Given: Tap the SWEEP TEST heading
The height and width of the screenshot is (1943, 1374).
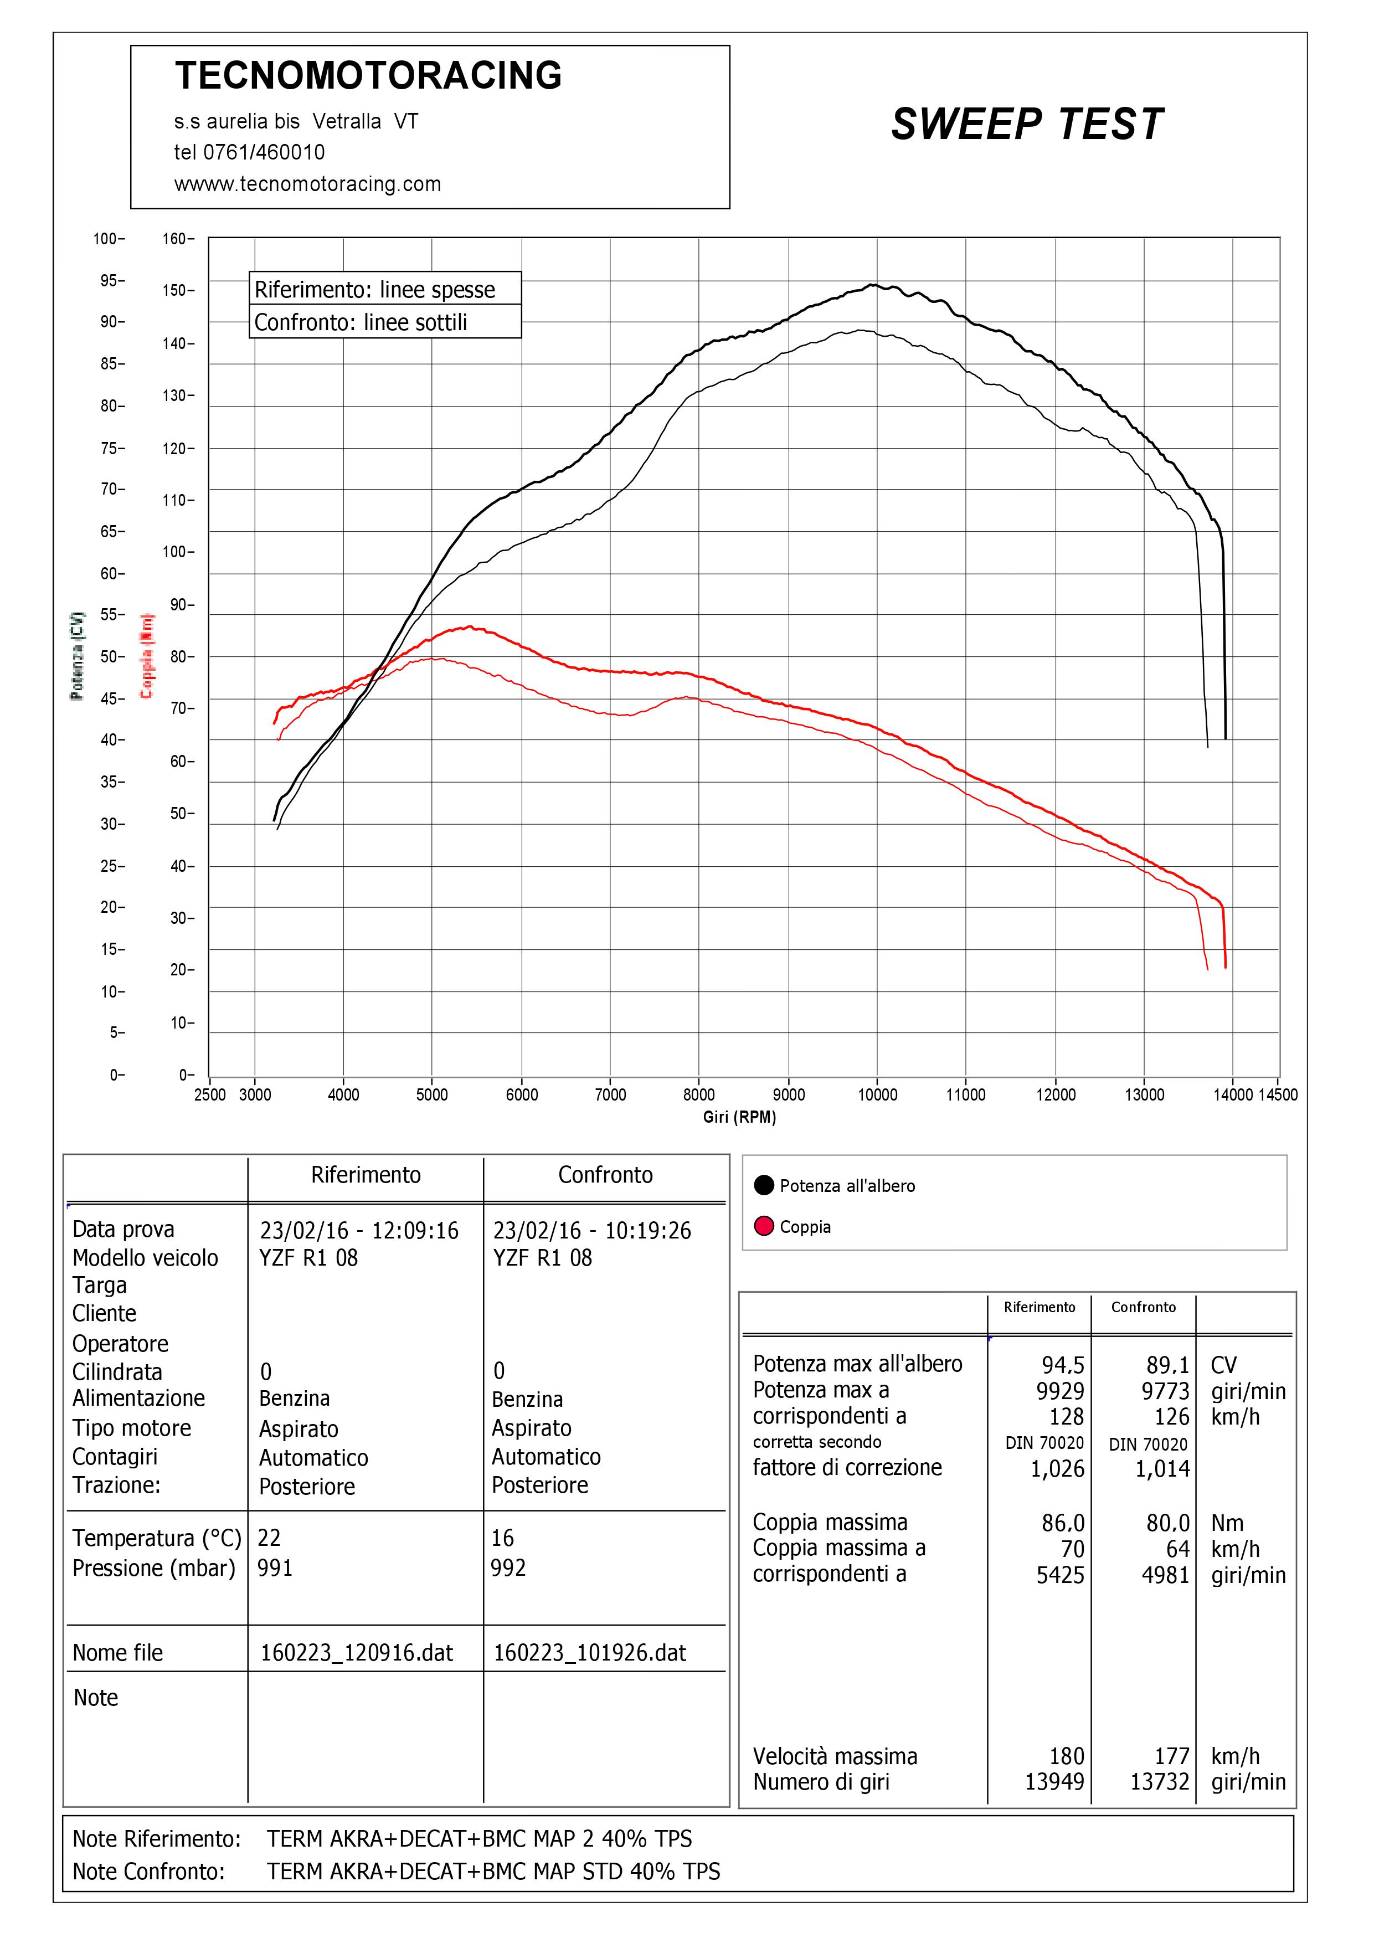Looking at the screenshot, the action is tap(1027, 125).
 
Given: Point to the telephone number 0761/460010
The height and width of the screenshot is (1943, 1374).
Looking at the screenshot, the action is tap(264, 152).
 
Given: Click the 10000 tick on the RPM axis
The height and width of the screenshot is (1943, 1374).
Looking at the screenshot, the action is tap(877, 1094).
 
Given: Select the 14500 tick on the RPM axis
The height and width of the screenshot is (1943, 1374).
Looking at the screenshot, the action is tap(1278, 1094).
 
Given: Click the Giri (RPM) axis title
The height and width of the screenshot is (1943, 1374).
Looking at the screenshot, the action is tap(739, 1117).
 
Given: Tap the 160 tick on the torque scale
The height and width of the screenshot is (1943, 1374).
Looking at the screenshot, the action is tap(178, 239).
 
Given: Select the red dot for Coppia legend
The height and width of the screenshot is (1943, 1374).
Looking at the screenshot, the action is tap(764, 1226).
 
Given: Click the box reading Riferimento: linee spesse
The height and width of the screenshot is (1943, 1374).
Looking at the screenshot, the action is tap(385, 289).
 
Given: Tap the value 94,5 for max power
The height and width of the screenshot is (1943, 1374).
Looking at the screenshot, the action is tap(1063, 1364).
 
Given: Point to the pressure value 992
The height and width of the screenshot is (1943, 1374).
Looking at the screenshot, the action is tap(508, 1568).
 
